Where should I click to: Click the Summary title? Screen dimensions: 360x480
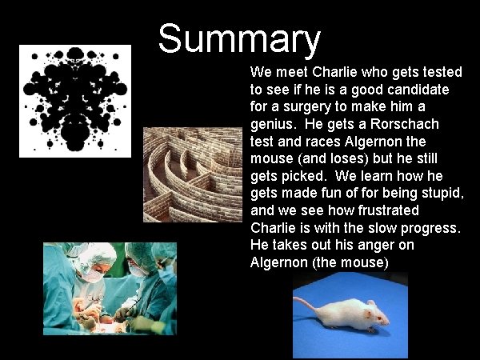click(x=239, y=38)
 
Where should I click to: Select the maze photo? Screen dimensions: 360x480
click(x=193, y=174)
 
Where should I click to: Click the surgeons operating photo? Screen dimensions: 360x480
click(x=110, y=288)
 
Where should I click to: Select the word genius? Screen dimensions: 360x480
click(x=272, y=125)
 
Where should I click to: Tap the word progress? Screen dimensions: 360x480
click(x=429, y=228)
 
